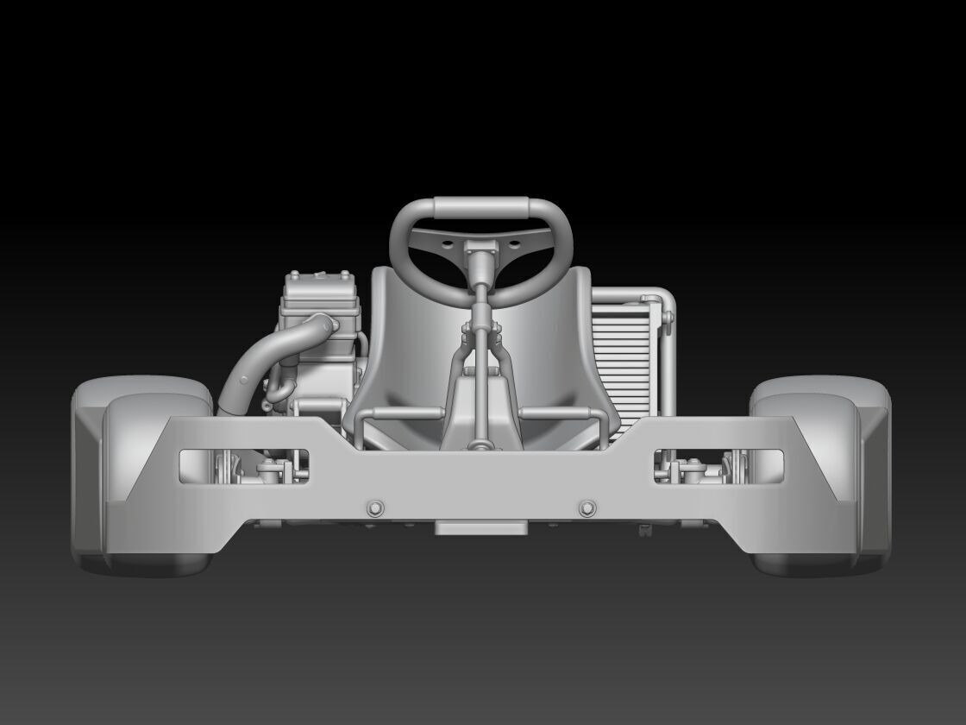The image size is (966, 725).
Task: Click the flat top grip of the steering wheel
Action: pyautogui.click(x=481, y=208)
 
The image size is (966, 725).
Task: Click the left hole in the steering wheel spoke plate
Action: pyautogui.click(x=448, y=245)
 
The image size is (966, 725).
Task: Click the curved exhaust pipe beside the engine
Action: pyautogui.click(x=250, y=362)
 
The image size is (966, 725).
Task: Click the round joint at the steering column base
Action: pyautogui.click(x=481, y=445)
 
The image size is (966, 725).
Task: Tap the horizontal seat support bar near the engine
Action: pyautogui.click(x=397, y=413)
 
